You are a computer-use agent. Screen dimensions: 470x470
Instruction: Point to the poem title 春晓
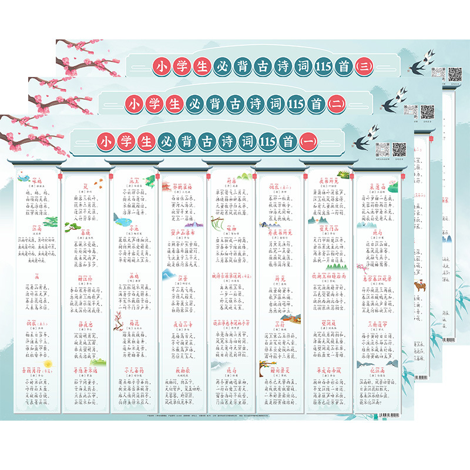click(83, 232)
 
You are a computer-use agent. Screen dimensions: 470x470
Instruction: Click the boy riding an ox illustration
click(419, 286)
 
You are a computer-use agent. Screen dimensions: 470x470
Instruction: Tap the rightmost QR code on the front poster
click(399, 150)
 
